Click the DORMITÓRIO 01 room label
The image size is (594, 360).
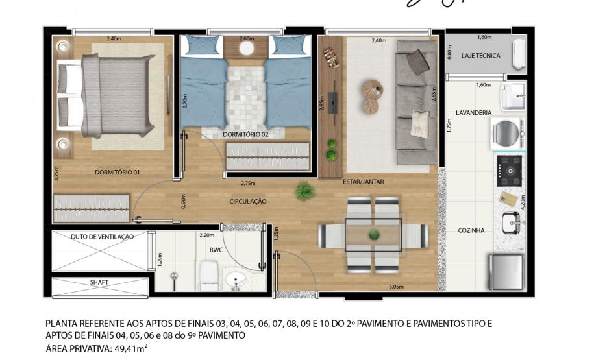coord(117,173)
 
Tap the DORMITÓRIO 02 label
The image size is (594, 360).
coord(245,134)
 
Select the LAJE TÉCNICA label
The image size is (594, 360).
coord(481,56)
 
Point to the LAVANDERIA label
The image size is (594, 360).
coord(473,112)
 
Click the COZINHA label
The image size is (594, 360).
coord(471,230)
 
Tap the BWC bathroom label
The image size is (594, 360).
coord(216,250)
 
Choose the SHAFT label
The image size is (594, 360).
coord(99,282)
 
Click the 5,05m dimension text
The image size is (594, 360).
coord(396,287)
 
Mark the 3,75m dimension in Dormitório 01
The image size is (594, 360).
coord(56,174)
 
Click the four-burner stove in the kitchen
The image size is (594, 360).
coord(510,171)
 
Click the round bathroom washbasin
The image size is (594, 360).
coord(236,280)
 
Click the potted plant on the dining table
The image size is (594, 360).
coord(374,235)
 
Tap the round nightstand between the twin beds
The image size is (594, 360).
coord(247,49)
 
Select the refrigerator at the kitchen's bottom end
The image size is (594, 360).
coord(506,272)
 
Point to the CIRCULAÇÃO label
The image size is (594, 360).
coord(248,202)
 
